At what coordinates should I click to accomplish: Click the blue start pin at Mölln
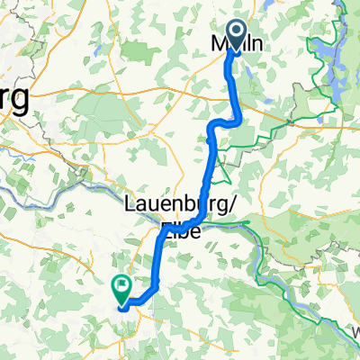click(238, 37)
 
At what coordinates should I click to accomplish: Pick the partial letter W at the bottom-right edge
click(356, 333)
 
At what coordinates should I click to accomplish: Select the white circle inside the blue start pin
click(238, 31)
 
